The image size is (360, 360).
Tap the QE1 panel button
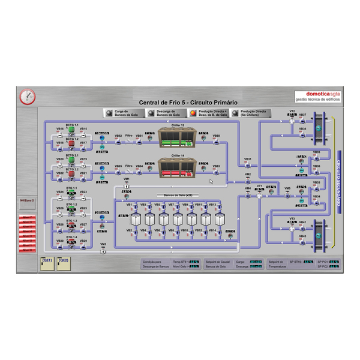(x=47, y=263)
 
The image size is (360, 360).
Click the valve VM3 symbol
(x=103, y=250)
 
